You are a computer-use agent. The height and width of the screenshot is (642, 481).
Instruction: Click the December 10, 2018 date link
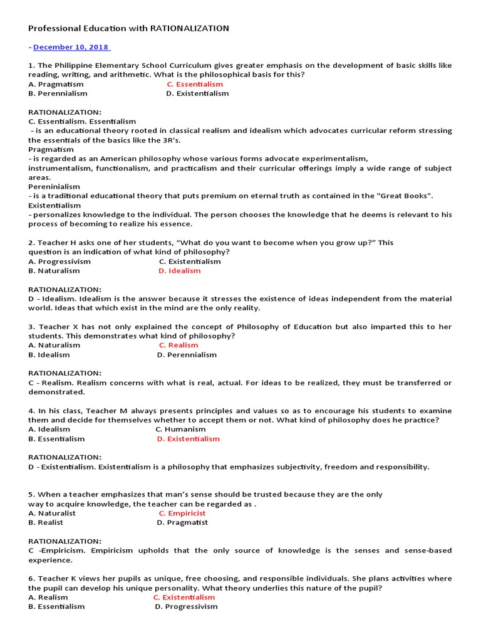click(71, 47)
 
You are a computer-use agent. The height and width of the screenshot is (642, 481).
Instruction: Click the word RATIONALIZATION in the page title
click(190, 28)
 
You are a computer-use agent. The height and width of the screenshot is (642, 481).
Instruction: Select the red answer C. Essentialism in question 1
click(194, 84)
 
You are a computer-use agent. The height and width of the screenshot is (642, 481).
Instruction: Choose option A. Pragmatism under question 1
click(56, 84)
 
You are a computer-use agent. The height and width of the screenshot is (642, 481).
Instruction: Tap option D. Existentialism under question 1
click(197, 93)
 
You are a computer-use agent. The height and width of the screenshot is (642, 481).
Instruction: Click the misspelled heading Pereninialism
click(54, 186)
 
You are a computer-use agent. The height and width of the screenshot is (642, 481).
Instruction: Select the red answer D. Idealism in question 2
click(179, 271)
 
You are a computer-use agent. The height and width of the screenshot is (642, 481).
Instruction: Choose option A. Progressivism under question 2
click(59, 261)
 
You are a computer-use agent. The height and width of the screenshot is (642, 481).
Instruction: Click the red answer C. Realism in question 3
click(178, 345)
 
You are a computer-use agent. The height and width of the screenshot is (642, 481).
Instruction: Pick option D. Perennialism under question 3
click(187, 355)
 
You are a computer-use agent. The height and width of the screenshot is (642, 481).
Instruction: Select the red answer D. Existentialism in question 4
click(188, 439)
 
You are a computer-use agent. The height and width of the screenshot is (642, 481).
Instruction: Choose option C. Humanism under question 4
click(180, 429)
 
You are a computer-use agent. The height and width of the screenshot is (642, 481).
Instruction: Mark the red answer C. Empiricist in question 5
click(182, 513)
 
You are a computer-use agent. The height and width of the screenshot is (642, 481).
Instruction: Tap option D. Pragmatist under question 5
click(182, 522)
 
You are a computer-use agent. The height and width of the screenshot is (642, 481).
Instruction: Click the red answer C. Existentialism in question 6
click(184, 597)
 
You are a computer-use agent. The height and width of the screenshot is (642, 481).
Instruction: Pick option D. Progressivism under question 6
click(186, 607)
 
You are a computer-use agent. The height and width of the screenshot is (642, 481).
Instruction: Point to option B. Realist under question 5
click(46, 522)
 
